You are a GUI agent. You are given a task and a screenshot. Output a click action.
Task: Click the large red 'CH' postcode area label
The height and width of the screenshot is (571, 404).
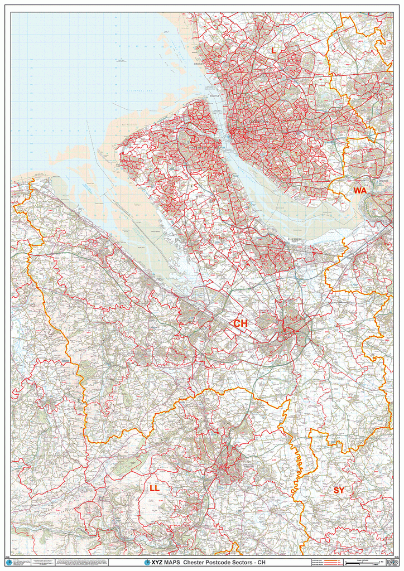(241, 323)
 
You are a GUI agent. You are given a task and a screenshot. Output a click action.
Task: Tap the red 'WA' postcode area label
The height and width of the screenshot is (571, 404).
(360, 191)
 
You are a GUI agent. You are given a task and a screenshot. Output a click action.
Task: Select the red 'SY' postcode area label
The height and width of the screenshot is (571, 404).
(339, 490)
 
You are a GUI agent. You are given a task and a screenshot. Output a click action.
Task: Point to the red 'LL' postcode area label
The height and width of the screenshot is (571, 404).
(155, 488)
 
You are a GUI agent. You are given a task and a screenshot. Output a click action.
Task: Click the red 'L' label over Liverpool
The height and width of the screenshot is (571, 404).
(273, 51)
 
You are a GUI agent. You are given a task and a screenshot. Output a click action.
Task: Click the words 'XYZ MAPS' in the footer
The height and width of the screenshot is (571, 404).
(165, 563)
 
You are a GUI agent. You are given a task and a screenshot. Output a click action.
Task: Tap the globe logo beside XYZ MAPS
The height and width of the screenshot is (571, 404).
(147, 563)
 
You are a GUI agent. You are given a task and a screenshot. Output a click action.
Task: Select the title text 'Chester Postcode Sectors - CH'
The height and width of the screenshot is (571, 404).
(221, 563)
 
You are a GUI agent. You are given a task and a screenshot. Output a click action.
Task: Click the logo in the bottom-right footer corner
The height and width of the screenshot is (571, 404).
(389, 563)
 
